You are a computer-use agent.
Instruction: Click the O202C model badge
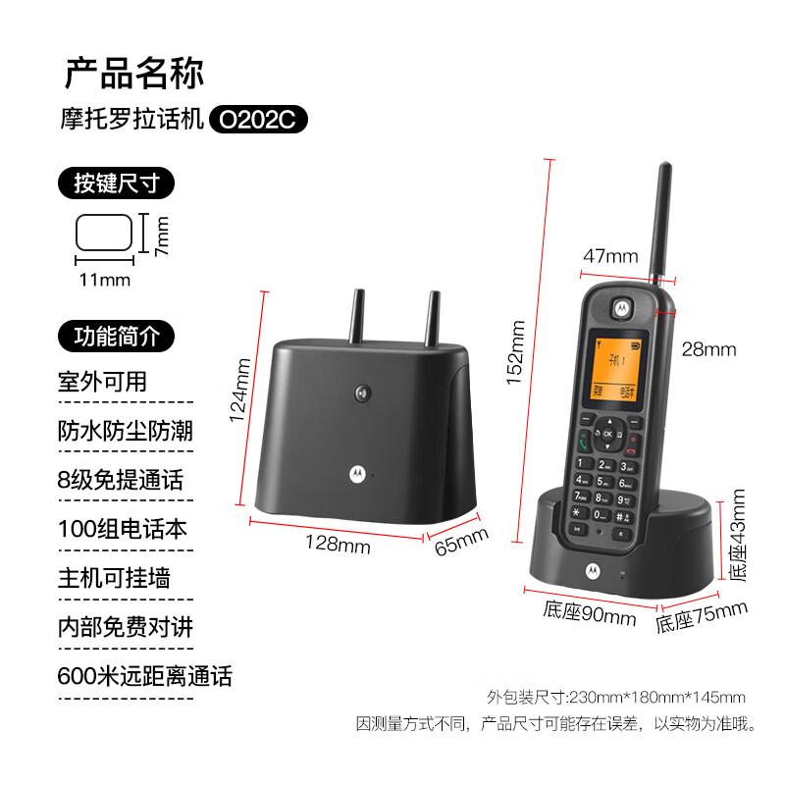point(258,119)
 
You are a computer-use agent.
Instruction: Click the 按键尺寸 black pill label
point(116,183)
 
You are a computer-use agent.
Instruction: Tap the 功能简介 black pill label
point(116,336)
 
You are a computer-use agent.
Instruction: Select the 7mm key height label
point(162,236)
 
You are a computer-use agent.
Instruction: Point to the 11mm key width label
point(105,280)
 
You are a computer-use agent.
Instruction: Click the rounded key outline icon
point(104,233)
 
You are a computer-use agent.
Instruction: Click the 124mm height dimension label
point(240,391)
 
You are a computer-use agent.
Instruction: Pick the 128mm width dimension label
point(338,544)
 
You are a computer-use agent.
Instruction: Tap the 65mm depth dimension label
point(461,542)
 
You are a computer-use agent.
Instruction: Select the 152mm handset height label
point(515,352)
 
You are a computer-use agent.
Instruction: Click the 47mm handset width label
point(610,256)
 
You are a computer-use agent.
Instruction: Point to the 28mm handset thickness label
point(708,349)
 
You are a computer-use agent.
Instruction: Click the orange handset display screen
point(616,370)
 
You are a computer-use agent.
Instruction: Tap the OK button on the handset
point(607,434)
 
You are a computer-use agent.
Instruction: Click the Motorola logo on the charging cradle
point(594,571)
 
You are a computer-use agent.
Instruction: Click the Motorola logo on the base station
point(357,474)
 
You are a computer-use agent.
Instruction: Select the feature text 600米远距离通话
point(144,676)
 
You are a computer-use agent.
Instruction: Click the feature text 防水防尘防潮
point(126,431)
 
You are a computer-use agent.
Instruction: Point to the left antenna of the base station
point(357,316)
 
